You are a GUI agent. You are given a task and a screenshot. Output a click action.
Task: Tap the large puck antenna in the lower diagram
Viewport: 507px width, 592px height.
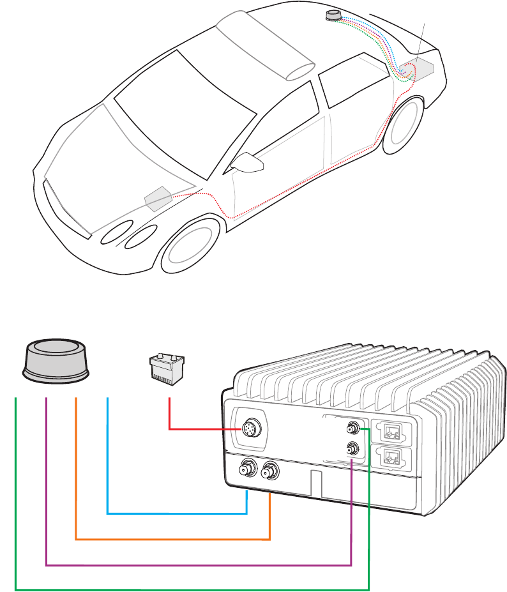[x=56, y=361]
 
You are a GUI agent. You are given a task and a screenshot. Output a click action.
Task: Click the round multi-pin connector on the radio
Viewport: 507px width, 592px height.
[x=248, y=430]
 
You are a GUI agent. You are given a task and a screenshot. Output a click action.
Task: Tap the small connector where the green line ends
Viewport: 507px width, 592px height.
[x=351, y=427]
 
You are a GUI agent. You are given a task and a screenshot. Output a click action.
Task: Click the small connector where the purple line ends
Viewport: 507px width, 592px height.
[x=351, y=449]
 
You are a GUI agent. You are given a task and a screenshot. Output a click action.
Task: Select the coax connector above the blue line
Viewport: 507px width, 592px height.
[x=246, y=471]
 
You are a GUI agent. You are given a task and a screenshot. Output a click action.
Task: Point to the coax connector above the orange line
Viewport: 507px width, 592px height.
[x=269, y=471]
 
